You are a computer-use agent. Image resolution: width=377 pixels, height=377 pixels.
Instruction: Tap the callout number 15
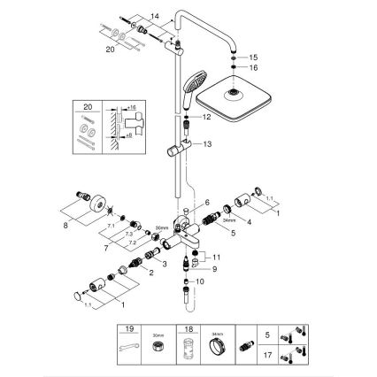(x=253, y=57)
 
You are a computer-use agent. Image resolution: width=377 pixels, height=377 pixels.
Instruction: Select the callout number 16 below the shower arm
(x=253, y=67)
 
